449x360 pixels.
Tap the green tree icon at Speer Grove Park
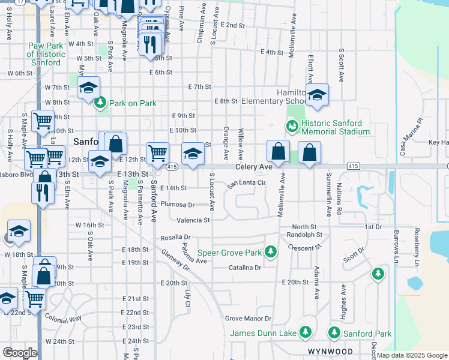click(271, 251)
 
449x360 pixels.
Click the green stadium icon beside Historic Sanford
click(292, 127)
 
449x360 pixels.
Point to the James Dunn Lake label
click(264, 333)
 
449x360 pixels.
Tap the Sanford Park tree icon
click(334, 332)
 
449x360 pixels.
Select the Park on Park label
click(131, 103)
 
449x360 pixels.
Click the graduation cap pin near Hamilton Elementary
click(316, 95)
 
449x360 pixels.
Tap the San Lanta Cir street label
click(246, 184)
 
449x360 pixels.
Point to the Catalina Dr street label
click(244, 268)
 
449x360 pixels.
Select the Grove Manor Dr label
click(248, 319)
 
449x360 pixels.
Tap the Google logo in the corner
click(20, 352)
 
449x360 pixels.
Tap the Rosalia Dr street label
click(175, 238)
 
